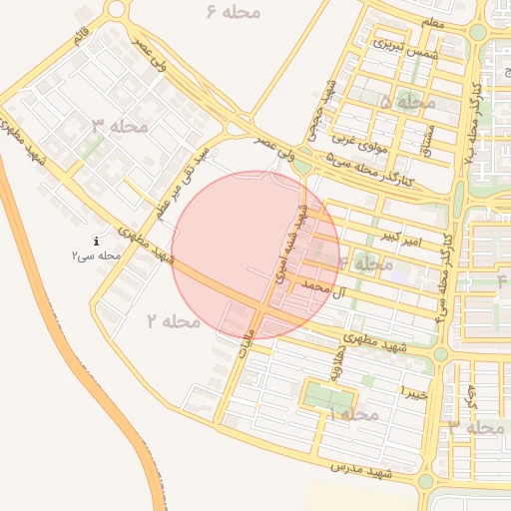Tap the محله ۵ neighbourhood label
pos(408,102)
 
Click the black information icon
pos(96,241)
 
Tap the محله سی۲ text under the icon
pos(96,255)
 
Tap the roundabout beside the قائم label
pos(118,10)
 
